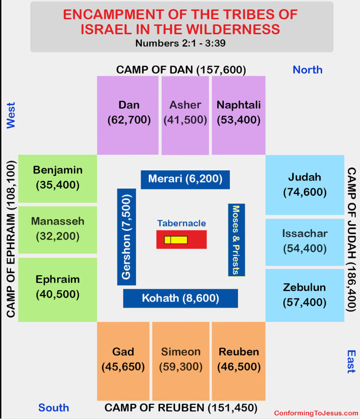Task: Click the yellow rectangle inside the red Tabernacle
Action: click(x=176, y=240)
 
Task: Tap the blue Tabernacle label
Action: click(x=182, y=223)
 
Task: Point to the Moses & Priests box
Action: click(x=237, y=240)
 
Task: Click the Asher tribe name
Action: click(x=185, y=105)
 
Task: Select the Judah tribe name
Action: click(x=305, y=177)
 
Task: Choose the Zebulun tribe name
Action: click(x=305, y=288)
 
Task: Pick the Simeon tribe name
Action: click(x=181, y=352)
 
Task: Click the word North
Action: click(x=307, y=70)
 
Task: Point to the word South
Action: click(x=54, y=408)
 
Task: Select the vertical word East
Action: click(x=351, y=361)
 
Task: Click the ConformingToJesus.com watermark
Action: click(x=316, y=413)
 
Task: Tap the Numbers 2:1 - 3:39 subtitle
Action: click(x=180, y=43)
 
